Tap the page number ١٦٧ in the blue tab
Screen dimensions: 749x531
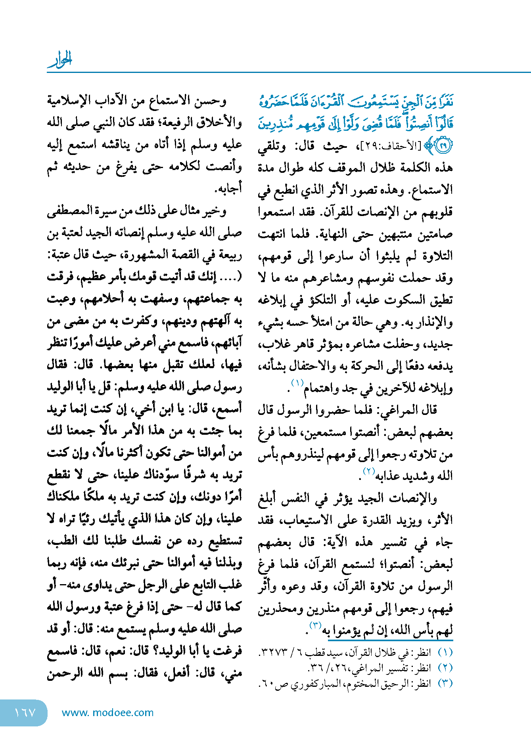coord(25,713)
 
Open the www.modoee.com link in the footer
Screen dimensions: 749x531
coord(107,713)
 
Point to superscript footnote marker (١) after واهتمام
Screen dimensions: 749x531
coord(297,382)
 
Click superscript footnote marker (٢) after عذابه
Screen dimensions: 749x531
coord(369,471)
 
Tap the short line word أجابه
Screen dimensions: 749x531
coord(228,189)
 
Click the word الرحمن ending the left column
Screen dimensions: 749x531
coord(65,673)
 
